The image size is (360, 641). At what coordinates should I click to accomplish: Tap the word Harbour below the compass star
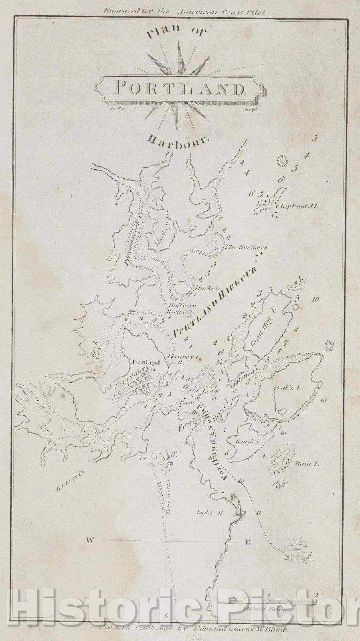click(x=179, y=141)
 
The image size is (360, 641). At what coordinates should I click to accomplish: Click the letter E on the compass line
click(x=247, y=542)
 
